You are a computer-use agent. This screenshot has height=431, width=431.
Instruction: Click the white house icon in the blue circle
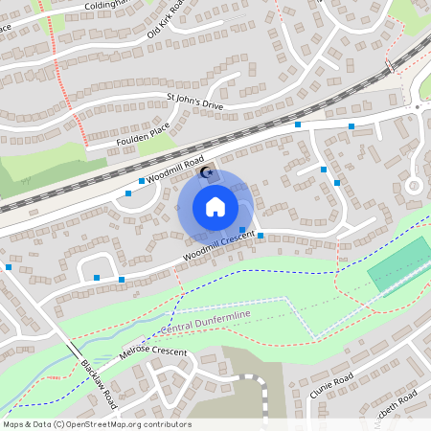(215, 207)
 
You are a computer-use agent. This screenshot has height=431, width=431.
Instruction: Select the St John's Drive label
(194, 100)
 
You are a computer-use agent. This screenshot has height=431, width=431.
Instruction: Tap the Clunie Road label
(332, 384)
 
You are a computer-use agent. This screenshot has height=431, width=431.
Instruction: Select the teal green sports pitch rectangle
(400, 262)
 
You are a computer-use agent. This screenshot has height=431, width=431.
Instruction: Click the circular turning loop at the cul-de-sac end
(414, 186)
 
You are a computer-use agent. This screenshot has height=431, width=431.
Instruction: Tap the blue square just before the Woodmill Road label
(142, 181)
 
